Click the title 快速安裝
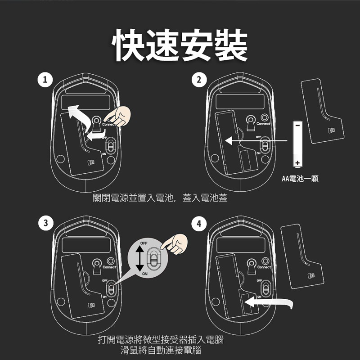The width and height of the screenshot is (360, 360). click(x=180, y=45)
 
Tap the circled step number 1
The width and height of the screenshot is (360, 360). click(x=45, y=80)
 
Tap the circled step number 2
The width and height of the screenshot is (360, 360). click(x=199, y=80)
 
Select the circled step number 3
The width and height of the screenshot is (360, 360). click(x=46, y=223)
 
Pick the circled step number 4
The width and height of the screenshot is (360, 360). click(x=199, y=223)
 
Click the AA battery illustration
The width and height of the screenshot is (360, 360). click(x=297, y=144)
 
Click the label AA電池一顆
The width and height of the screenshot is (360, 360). click(x=300, y=179)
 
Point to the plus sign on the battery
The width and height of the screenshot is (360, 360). click(x=297, y=163)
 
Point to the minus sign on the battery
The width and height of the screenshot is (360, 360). click(x=297, y=126)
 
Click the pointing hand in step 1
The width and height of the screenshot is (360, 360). click(x=118, y=117)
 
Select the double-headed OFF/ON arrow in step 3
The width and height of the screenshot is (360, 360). click(x=139, y=258)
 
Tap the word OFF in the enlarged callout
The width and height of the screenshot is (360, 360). click(x=144, y=243)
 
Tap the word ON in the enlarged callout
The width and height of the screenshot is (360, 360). click(x=144, y=274)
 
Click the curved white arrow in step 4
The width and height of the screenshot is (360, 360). click(x=269, y=302)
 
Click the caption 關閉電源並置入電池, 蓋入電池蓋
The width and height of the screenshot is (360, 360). click(x=160, y=198)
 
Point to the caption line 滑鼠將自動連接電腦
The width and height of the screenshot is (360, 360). click(x=161, y=350)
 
